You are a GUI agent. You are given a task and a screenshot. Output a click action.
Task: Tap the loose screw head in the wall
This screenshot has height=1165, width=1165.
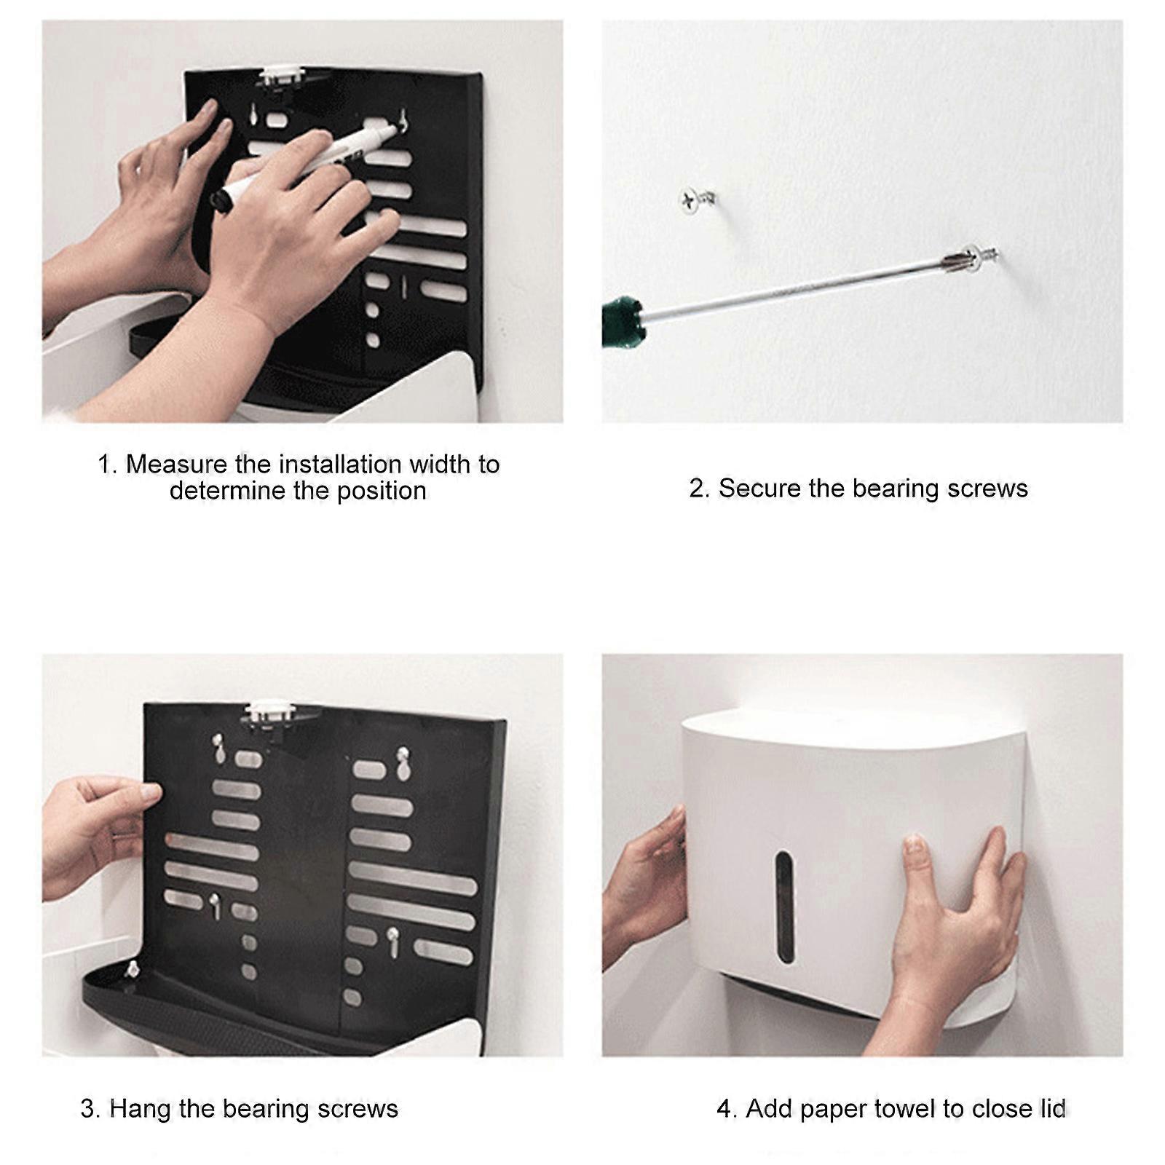pyautogui.click(x=691, y=199)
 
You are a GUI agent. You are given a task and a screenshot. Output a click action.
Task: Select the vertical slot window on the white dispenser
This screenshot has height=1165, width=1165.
pyautogui.click(x=784, y=907)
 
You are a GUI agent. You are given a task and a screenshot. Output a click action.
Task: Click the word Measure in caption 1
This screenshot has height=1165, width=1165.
pyautogui.click(x=176, y=464)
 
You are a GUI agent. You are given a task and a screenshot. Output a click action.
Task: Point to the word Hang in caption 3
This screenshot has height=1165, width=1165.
pyautogui.click(x=141, y=1108)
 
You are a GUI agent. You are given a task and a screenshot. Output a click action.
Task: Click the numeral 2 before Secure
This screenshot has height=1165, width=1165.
pyautogui.click(x=697, y=488)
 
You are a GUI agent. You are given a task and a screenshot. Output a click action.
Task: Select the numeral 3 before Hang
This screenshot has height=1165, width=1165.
pyautogui.click(x=89, y=1109)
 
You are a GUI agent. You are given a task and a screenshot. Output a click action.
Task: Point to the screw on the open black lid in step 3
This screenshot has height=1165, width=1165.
pyautogui.click(x=133, y=968)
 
